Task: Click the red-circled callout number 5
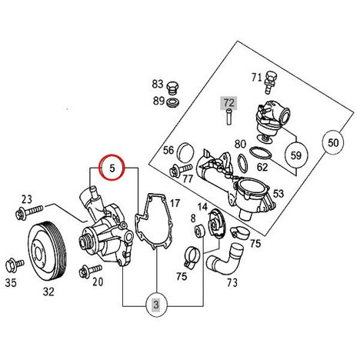click(x=112, y=167)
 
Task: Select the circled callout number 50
click(x=333, y=142)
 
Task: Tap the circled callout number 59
click(x=296, y=155)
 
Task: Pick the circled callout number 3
click(x=156, y=305)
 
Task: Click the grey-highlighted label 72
click(x=228, y=103)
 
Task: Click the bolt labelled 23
click(x=29, y=212)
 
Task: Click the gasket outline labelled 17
click(x=153, y=221)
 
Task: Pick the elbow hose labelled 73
click(x=225, y=260)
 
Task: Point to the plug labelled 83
click(x=173, y=88)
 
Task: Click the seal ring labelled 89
click(x=173, y=102)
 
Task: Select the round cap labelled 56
click(x=186, y=152)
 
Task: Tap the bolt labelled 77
click(x=181, y=170)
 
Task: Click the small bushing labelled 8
click(x=199, y=230)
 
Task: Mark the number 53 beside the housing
click(x=278, y=193)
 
